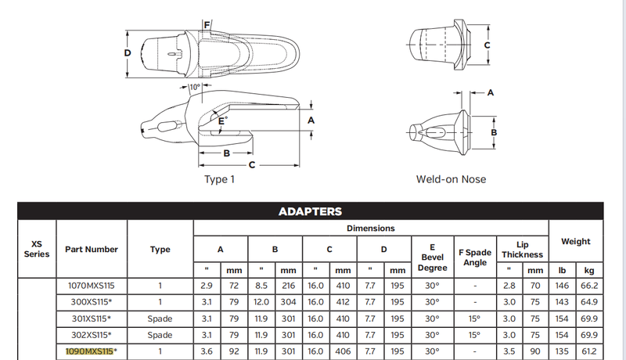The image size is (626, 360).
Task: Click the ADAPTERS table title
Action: coord(310,211)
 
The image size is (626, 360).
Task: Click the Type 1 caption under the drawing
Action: coord(219,179)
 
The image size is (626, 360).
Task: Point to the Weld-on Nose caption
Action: coord(451,179)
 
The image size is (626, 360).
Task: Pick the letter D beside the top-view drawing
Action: coord(127,52)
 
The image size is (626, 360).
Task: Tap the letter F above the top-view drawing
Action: coord(206,25)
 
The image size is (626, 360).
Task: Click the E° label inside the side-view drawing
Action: coord(223,121)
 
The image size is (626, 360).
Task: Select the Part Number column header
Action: coord(92,250)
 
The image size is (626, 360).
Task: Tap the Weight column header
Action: coord(576,242)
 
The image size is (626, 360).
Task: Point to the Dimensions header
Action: coord(371,229)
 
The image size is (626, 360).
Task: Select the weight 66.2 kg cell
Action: coord(589,286)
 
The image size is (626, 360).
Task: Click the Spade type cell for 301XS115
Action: coord(160,319)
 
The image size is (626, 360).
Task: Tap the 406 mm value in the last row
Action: coord(343,351)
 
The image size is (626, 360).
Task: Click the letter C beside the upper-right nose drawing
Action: coord(487,45)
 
